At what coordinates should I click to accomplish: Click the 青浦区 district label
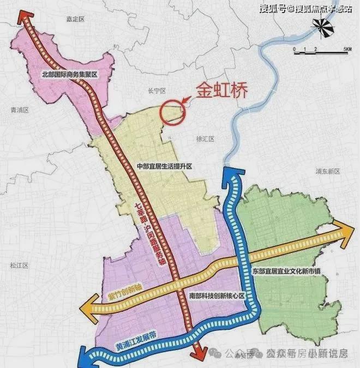[x=19, y=110]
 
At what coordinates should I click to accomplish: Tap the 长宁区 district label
[x=157, y=93]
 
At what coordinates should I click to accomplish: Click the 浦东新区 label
[x=327, y=171]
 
